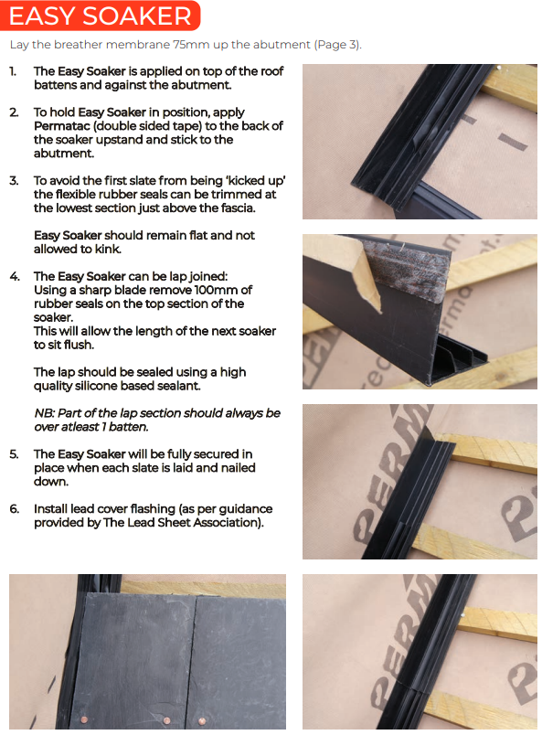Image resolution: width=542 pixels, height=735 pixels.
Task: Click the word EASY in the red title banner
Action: pos(42,16)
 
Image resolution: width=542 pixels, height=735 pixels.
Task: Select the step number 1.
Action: pos(13,71)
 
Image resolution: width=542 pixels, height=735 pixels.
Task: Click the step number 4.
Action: pos(15,277)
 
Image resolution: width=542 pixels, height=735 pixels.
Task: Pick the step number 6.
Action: pos(15,509)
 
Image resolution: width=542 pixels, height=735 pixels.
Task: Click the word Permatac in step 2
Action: pos(57,126)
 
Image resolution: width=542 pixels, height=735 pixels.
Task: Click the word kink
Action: pos(108,249)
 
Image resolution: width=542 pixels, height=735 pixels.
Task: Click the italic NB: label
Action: pos(44,413)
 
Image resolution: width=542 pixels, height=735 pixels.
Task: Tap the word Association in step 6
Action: pos(227,523)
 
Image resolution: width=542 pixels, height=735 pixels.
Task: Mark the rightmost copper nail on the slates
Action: pos(202,721)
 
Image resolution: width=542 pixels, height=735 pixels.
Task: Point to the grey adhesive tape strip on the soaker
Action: pos(402,277)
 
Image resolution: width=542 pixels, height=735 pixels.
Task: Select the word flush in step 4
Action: pos(80,345)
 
